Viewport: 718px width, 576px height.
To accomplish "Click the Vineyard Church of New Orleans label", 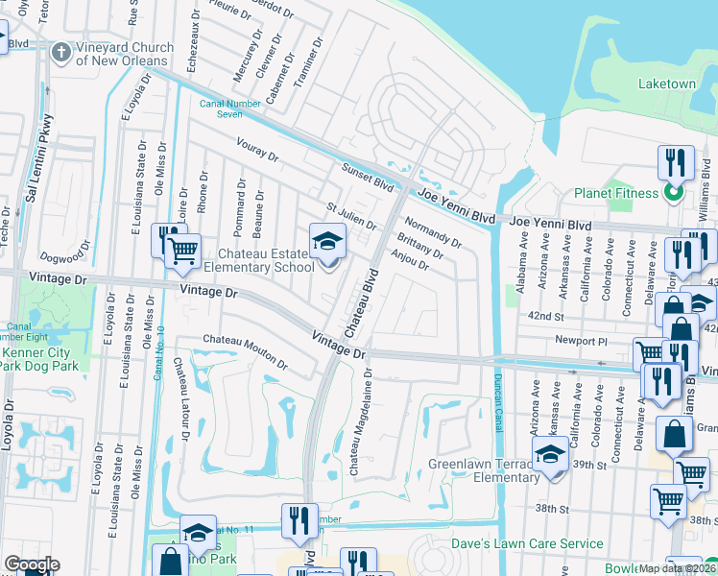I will [124, 54].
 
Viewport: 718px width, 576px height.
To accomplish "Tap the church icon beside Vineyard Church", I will [61, 52].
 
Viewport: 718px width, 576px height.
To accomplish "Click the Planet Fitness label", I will [615, 193].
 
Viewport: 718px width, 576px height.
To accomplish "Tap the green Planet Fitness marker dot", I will [673, 193].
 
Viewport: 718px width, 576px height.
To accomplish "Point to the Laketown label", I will [667, 84].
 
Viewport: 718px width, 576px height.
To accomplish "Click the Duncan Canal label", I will [497, 383].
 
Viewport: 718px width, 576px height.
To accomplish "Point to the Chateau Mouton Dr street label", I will [245, 351].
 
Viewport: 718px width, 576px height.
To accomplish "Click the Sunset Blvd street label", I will [369, 176].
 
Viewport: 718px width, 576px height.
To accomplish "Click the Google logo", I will [32, 564].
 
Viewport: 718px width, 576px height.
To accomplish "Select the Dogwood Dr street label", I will [63, 257].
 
